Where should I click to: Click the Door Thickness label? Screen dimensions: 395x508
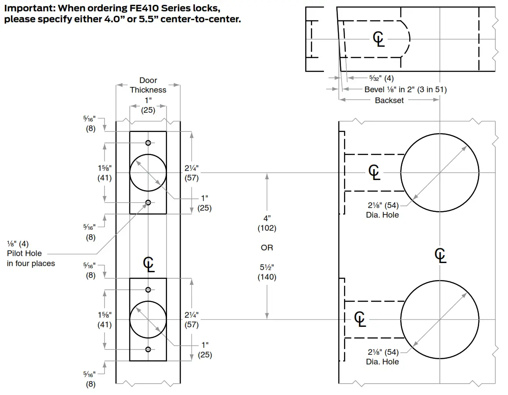click(148, 85)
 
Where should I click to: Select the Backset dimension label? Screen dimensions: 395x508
click(389, 100)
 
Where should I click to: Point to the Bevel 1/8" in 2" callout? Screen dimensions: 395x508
click(405, 89)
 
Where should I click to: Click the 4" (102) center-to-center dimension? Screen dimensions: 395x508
click(267, 223)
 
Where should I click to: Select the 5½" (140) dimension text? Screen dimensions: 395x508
click(267, 272)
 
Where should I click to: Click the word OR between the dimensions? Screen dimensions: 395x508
click(267, 248)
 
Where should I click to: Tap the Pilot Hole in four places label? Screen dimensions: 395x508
click(31, 253)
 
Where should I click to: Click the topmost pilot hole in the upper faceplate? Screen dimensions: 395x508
click(148, 143)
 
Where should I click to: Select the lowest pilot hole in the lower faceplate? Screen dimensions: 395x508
click(148, 349)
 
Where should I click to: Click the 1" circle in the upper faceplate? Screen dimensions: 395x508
click(148, 173)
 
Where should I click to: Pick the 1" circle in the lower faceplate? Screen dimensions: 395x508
click(148, 319)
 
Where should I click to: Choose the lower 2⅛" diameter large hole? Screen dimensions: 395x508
click(439, 319)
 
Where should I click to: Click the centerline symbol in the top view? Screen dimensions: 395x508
click(379, 39)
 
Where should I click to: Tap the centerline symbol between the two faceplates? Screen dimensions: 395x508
click(149, 264)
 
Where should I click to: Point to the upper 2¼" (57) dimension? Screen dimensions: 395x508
click(191, 173)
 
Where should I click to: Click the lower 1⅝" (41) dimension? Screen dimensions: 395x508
click(104, 320)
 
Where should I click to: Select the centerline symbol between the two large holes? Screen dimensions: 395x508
click(441, 255)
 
